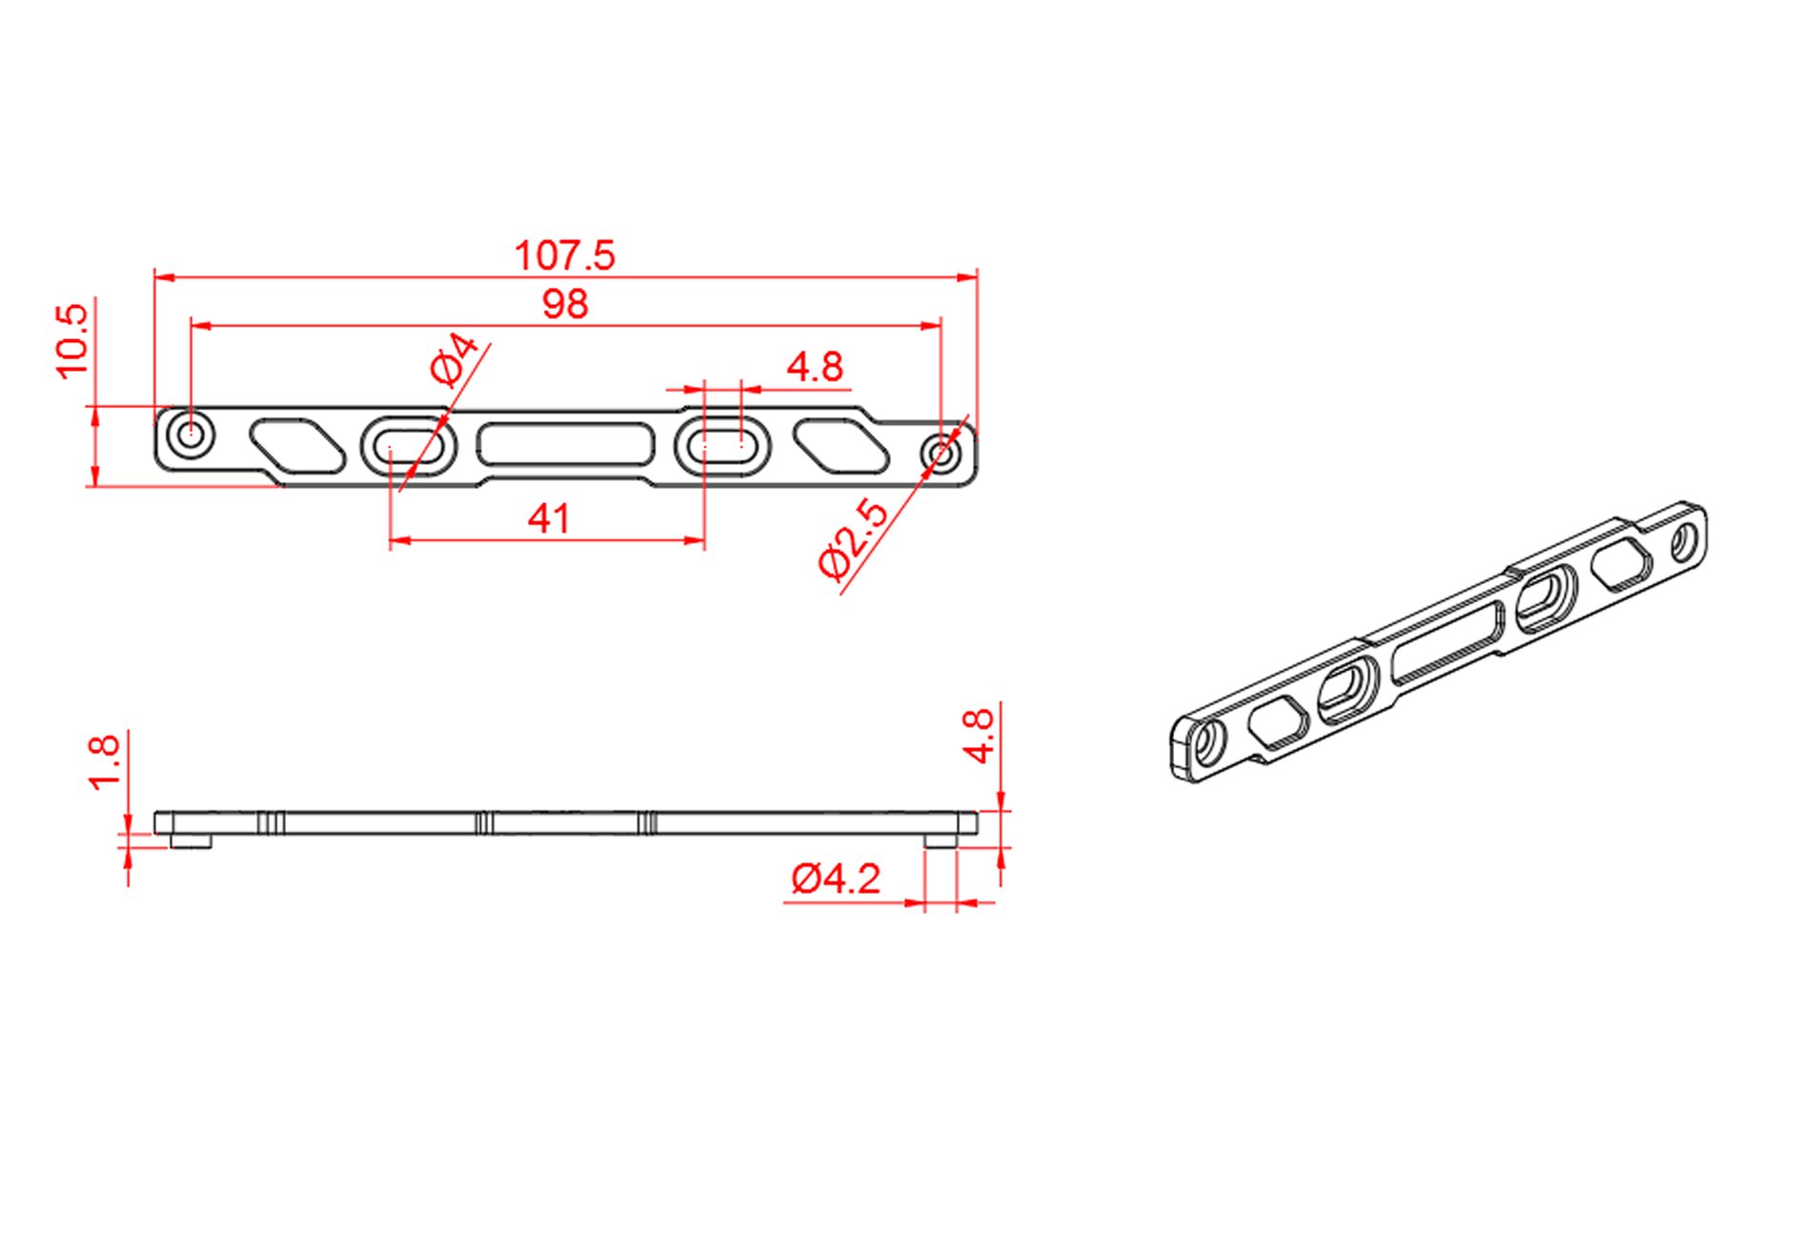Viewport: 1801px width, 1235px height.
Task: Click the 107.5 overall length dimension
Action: (564, 255)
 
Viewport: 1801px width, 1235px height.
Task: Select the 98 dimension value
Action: (565, 305)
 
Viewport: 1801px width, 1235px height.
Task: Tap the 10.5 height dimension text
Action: (72, 341)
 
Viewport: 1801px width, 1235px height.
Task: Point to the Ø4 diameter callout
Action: (454, 358)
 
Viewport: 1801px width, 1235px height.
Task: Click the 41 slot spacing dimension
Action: (549, 519)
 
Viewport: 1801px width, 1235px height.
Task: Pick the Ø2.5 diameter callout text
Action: (853, 538)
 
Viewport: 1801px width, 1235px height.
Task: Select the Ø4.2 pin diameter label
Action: (836, 879)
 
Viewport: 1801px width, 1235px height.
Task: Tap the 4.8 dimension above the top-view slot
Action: (815, 367)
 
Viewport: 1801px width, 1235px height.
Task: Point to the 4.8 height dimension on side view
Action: (979, 736)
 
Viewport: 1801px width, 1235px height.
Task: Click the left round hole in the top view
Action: (191, 435)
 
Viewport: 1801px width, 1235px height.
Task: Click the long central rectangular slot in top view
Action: (566, 445)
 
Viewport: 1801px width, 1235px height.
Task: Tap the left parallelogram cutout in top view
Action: (297, 445)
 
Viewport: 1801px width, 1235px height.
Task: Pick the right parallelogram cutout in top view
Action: (840, 446)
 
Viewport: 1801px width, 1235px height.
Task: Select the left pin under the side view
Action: (191, 841)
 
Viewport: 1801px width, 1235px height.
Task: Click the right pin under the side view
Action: (941, 841)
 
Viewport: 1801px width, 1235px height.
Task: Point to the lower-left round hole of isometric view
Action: (1206, 743)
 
